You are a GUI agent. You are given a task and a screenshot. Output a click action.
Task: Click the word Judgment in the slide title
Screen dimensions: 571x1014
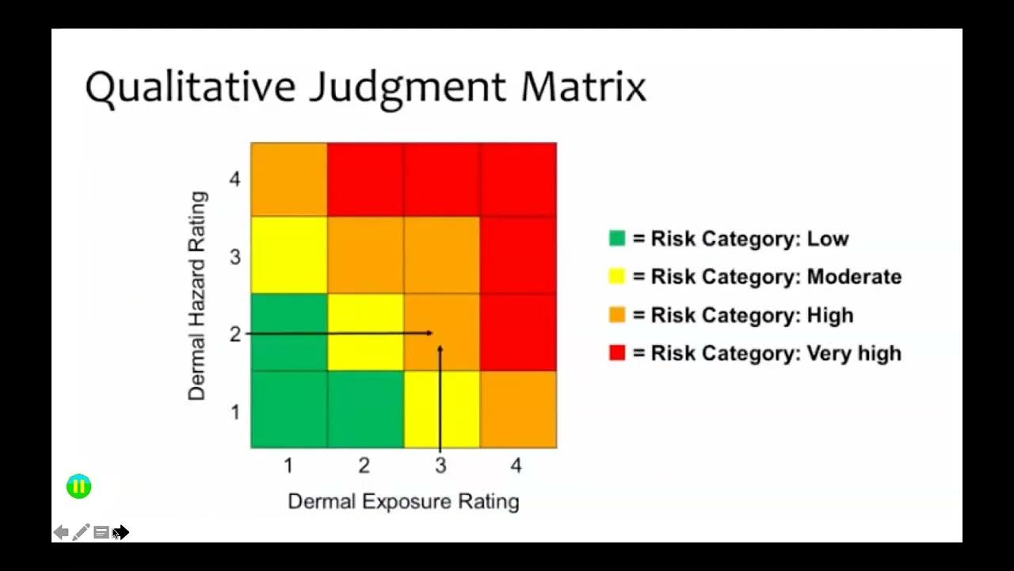[406, 87]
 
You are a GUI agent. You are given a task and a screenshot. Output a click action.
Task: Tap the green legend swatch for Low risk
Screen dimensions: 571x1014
[617, 239]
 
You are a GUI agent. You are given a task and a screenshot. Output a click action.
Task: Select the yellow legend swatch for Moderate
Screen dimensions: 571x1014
[617, 277]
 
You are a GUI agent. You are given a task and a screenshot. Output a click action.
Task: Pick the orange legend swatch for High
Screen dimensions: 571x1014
[617, 315]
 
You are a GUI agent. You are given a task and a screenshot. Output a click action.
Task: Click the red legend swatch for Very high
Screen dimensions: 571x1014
[617, 353]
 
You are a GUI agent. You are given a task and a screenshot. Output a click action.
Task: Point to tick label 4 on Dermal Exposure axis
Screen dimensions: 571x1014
[517, 466]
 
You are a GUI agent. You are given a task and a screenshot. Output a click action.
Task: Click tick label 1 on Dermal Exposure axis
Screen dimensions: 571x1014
[288, 466]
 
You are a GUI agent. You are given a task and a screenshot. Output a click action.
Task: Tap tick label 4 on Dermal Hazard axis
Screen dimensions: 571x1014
[234, 179]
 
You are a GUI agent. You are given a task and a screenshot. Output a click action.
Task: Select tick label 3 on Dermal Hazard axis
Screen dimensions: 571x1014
[234, 257]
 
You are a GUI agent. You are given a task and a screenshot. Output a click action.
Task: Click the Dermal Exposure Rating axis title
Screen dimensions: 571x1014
[403, 501]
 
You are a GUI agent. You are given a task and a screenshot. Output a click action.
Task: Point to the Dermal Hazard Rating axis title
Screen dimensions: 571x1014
[197, 295]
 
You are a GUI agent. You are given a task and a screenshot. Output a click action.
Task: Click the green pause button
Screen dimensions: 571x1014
[79, 487]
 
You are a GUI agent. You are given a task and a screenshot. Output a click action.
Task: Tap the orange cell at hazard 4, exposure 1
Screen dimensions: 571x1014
[289, 179]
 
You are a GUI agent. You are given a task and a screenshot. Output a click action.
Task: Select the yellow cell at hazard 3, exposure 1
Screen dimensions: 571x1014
[289, 255]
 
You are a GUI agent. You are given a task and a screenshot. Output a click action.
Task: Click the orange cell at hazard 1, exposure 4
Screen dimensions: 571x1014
[518, 409]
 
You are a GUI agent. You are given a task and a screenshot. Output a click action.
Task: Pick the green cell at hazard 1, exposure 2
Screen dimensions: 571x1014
[365, 409]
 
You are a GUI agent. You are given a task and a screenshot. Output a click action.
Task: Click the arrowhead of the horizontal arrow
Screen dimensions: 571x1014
[430, 333]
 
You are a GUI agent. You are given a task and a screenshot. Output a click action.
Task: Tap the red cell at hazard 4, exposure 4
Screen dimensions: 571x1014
[518, 179]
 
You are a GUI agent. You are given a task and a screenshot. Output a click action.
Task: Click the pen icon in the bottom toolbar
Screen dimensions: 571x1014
[81, 532]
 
